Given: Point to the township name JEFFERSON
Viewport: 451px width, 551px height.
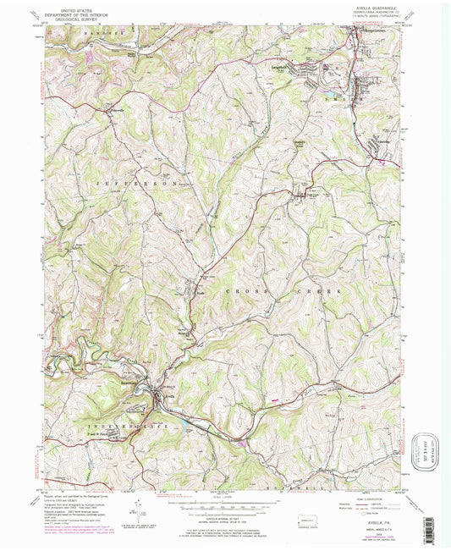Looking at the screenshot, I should [x=135, y=183].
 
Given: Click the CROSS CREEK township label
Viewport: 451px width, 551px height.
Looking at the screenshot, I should [x=282, y=290].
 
